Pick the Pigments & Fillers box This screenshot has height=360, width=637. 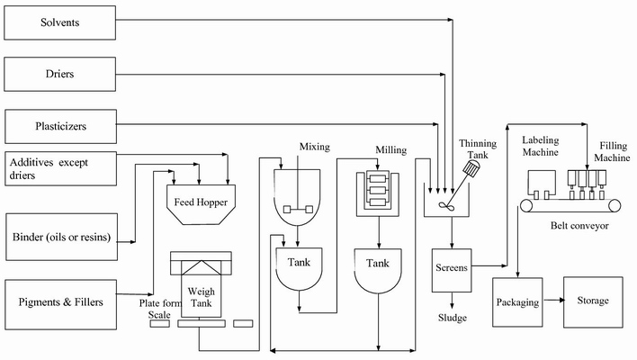pyautogui.click(x=59, y=301)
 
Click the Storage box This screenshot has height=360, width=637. pyautogui.click(x=592, y=301)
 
